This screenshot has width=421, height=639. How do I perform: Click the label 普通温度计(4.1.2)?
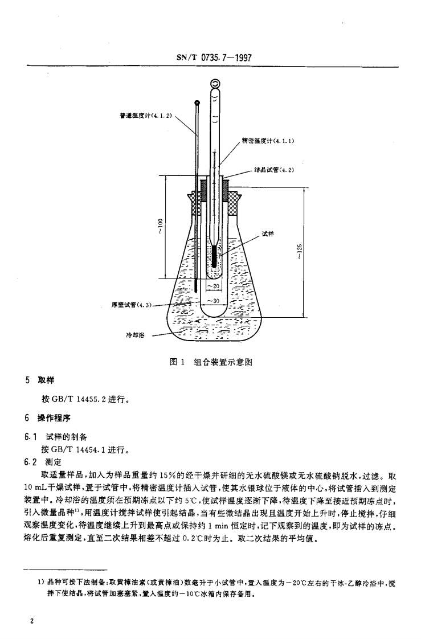click(x=146, y=116)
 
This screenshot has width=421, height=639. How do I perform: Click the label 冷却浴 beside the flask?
click(x=133, y=334)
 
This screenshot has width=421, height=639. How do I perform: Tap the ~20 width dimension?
click(x=214, y=286)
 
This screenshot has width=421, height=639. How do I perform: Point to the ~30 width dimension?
click(x=214, y=300)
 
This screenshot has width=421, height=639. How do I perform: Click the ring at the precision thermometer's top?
click(x=215, y=84)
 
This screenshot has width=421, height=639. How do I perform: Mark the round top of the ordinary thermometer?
click(x=197, y=103)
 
